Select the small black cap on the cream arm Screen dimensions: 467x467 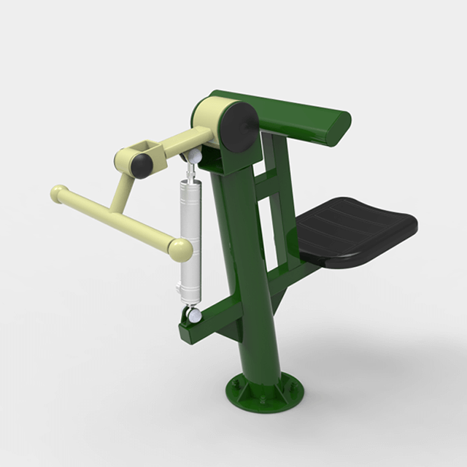point(142,165)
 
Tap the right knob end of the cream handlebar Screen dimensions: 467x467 point(180,249)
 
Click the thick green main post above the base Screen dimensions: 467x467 point(241,292)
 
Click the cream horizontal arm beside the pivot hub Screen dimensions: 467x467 point(175,142)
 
